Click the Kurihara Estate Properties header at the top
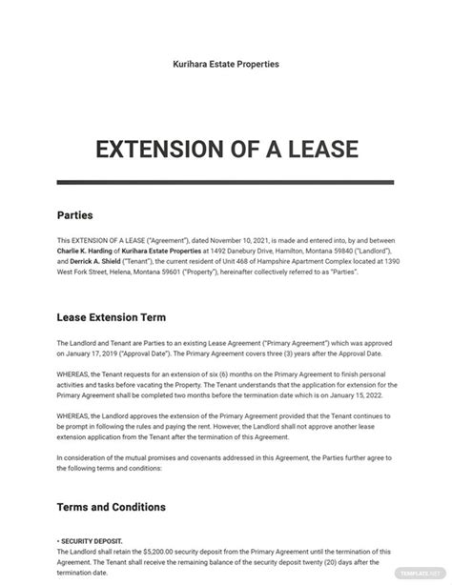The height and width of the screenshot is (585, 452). [226, 64]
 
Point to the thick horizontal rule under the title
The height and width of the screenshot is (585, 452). [226, 181]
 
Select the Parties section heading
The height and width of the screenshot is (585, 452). [76, 215]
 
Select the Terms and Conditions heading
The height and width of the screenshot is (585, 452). [112, 533]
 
